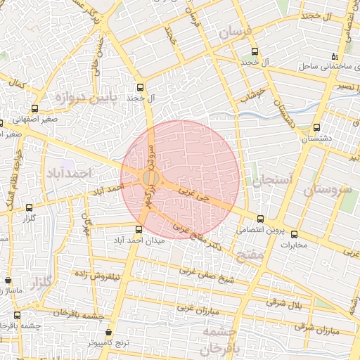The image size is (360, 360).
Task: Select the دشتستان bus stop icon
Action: tap(316, 128)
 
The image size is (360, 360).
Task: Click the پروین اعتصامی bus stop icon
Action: tap(261, 219)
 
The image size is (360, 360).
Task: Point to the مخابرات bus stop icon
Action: tap(294, 234)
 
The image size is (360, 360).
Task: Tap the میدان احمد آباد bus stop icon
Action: tap(139, 229)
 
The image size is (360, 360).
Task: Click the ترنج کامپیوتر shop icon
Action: tap(108, 332)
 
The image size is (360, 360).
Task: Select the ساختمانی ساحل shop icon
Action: tap(335, 56)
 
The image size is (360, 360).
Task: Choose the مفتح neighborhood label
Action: tap(250, 255)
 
